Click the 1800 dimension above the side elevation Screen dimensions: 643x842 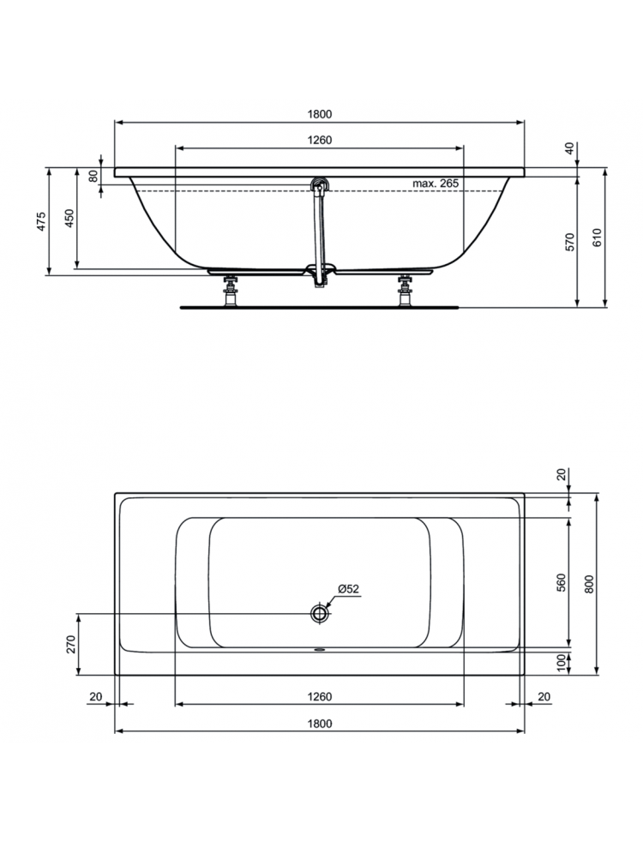(319, 114)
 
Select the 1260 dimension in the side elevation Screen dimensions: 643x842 (319, 140)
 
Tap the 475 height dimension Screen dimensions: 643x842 (42, 221)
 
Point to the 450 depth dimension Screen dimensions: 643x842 (69, 218)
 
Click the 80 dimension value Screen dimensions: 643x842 (93, 176)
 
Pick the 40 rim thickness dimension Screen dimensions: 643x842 (570, 147)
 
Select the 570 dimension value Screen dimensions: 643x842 (570, 242)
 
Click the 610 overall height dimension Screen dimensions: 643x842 (598, 237)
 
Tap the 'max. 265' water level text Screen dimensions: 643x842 (436, 183)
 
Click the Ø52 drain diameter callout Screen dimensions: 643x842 (348, 588)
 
